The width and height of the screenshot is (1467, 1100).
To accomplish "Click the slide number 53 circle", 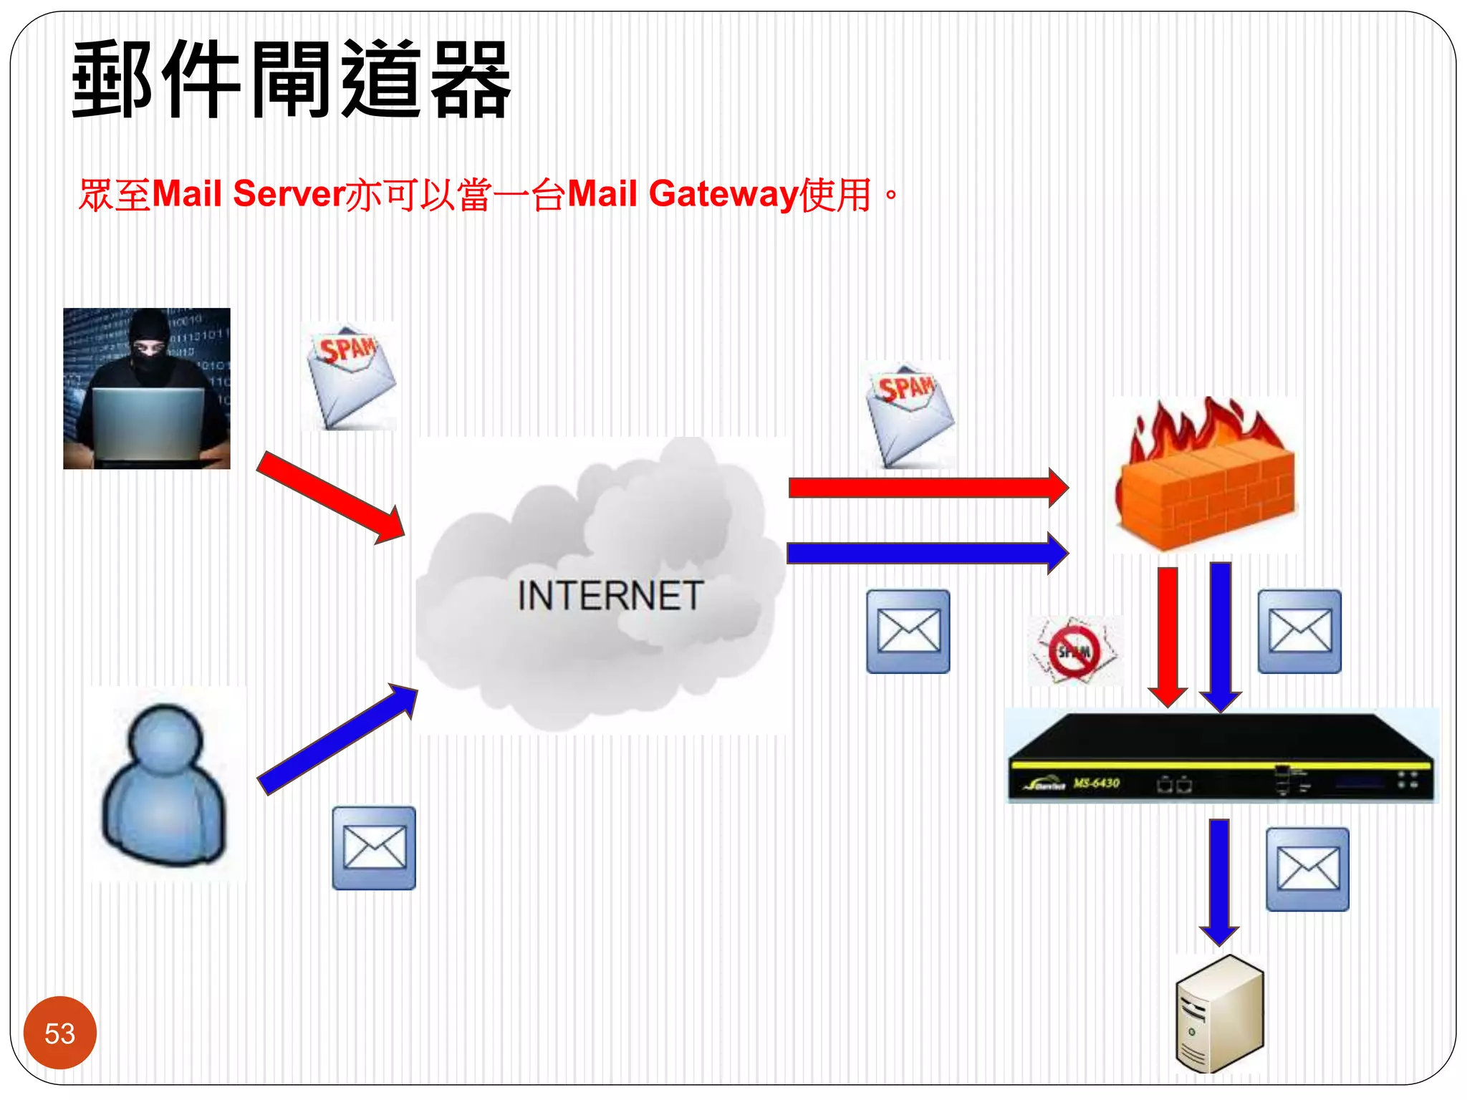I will coord(59,1033).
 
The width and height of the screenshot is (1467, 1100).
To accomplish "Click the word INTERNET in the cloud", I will coord(610,596).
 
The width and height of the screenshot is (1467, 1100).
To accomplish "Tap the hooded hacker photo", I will coord(147,389).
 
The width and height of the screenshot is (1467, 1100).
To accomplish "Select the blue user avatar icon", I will coord(165,785).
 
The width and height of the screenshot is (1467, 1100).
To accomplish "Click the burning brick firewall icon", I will coord(1206,476).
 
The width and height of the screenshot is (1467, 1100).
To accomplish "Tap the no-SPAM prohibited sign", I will coord(1074,651).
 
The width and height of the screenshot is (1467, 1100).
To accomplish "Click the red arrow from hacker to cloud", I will coord(330,497).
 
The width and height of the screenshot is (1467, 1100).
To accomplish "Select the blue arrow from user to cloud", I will coord(337,739).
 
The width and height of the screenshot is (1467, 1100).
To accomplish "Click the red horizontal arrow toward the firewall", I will coord(928,488).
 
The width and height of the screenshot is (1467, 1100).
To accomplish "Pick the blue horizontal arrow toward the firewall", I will coord(928,553).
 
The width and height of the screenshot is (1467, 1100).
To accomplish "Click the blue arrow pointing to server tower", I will coord(1219,881).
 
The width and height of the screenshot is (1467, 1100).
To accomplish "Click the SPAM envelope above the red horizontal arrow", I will coord(909,415).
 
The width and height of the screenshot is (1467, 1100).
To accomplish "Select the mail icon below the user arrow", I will coord(373,848).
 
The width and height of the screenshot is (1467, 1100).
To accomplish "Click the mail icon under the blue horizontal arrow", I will coord(908,632).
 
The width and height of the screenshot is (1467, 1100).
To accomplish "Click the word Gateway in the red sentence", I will coord(723,195).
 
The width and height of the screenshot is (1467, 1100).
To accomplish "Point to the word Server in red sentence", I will coord(289,195).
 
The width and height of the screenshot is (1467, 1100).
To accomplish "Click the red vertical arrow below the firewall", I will coord(1168,634).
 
